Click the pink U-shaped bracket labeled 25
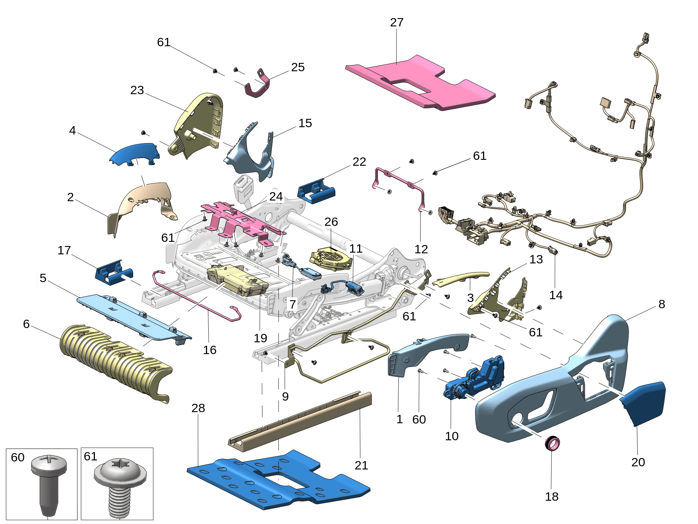pos(259,85)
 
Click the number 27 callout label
pos(397,22)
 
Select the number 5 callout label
pos(43,278)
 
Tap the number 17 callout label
pos(64,250)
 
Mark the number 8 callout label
pos(662,304)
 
